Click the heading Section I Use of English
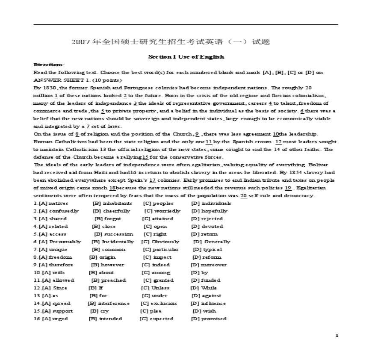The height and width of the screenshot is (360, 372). point(186,57)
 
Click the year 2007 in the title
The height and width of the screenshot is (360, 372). point(80,42)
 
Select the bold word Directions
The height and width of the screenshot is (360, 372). point(48,65)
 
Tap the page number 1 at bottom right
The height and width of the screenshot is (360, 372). point(337,336)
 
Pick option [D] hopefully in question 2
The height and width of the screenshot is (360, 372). point(210,211)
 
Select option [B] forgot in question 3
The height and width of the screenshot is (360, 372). point(107,218)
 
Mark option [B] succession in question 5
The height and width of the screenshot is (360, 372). point(113,234)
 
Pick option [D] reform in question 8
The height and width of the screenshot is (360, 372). point(207,257)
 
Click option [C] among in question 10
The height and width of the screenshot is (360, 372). point(156,272)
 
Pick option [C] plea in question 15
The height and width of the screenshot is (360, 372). point(151,311)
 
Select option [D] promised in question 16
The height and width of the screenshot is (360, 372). point(209,319)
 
